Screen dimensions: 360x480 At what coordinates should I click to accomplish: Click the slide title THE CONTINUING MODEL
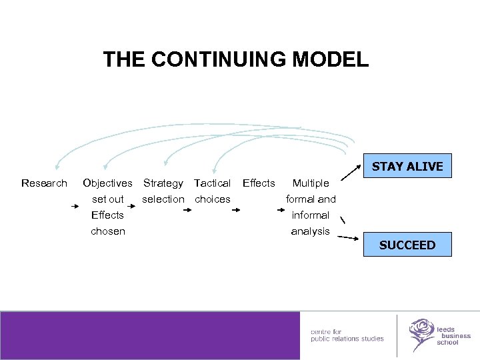pos(235,59)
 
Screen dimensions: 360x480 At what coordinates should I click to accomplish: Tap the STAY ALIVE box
pos(407,166)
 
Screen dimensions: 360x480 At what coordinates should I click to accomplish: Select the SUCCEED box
pos(407,245)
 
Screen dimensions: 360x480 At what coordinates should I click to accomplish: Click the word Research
pos(44,183)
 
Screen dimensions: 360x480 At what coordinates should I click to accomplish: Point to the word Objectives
pos(107,183)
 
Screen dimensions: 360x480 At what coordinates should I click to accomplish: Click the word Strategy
pos(163,183)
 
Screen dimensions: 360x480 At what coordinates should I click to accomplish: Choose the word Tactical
pos(213,183)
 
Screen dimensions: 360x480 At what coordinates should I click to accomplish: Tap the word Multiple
pos(311,183)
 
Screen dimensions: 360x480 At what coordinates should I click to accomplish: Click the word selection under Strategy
pos(163,199)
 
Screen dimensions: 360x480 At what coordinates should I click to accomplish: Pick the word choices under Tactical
pos(213,199)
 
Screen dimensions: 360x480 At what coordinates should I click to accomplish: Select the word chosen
pos(108,231)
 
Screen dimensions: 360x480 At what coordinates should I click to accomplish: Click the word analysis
pos(311,231)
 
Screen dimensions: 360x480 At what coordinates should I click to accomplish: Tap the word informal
pos(311,215)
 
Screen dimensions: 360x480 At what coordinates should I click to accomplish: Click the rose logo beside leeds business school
pos(421,333)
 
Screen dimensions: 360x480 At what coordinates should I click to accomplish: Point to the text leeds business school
pos(453,335)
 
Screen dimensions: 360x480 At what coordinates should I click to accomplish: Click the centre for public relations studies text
pos(347,335)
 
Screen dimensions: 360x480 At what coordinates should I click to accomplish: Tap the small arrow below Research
pos(75,207)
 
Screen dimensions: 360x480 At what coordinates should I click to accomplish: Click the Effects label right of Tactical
pos(259,183)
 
